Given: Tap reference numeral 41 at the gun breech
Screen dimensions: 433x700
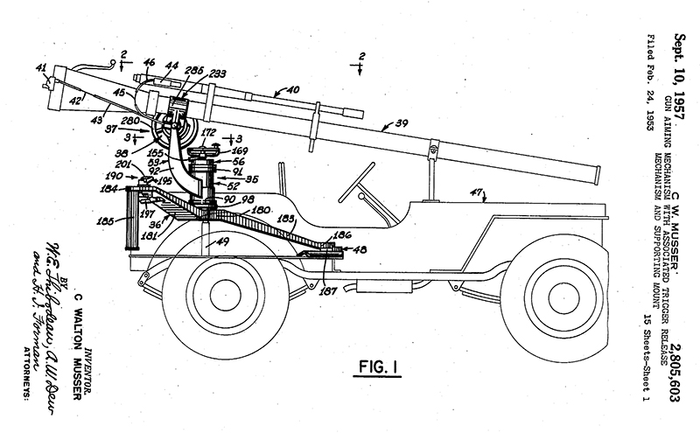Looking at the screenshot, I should click(x=41, y=70).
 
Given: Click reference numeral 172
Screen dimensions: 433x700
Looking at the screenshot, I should click(x=209, y=134).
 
